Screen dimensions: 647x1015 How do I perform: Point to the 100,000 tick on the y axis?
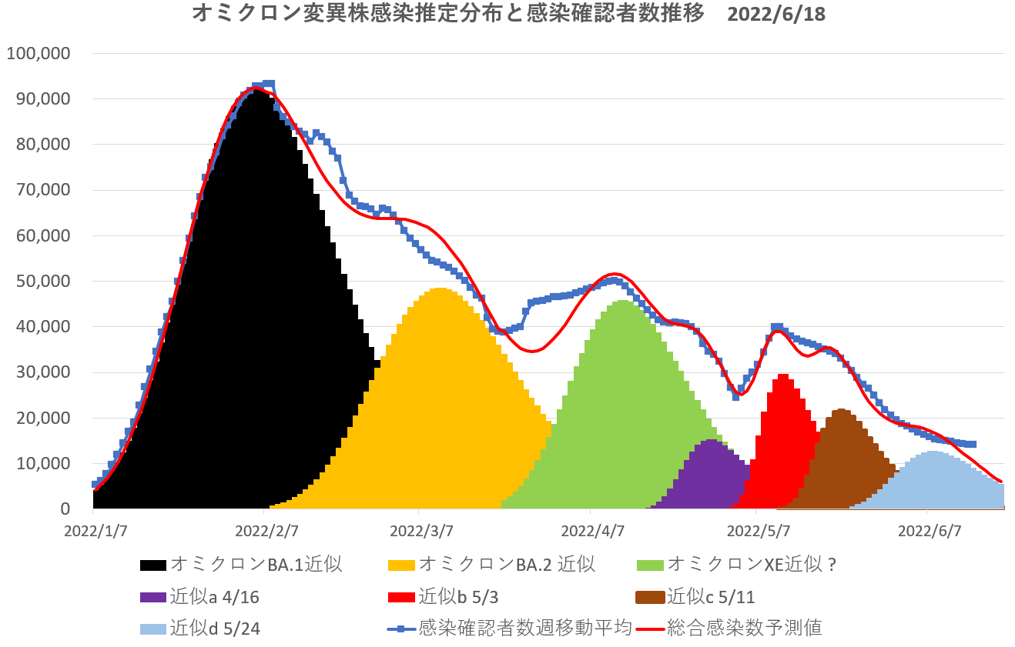pyautogui.click(x=38, y=54)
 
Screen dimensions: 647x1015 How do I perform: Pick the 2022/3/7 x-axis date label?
pyautogui.click(x=420, y=532)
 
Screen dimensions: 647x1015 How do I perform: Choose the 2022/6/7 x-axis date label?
pyautogui.click(x=930, y=532)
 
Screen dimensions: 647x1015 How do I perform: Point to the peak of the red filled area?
pyautogui.click(x=783, y=375)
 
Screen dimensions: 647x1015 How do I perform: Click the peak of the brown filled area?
pyautogui.click(x=840, y=410)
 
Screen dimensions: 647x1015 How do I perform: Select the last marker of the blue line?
pyautogui.click(x=973, y=444)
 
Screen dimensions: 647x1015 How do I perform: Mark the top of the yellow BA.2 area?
pyautogui.click(x=439, y=288)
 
